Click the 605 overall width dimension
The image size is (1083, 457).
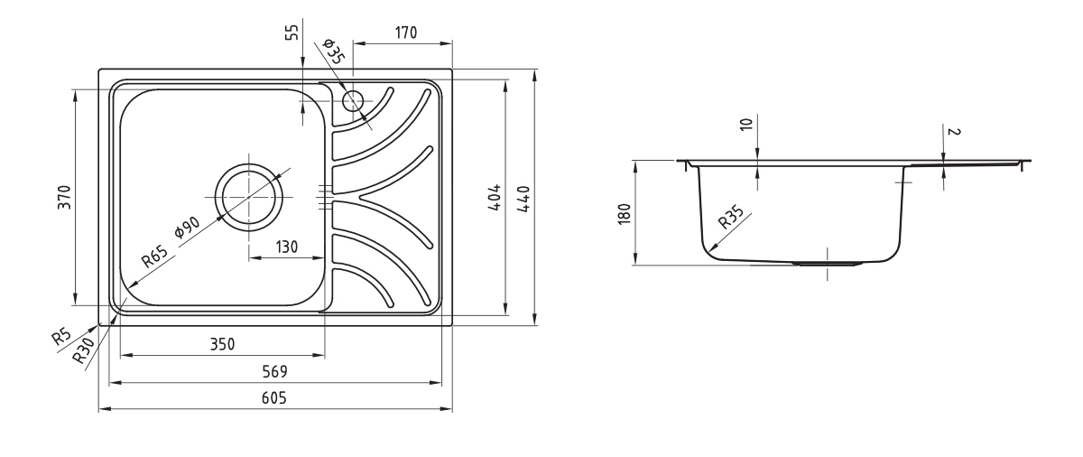pos(274,398)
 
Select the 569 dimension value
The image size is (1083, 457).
pos(274,371)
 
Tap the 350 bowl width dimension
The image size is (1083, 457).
pos(222,344)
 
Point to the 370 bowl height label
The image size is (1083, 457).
pos(64,197)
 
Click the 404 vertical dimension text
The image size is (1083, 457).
pos(495,197)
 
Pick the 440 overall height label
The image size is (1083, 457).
pos(523,199)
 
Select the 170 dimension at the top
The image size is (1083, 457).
pos(405,33)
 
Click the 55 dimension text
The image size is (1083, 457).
pos(292,33)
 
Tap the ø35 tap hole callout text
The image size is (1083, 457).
pos(333,51)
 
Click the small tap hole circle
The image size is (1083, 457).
pos(353,100)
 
